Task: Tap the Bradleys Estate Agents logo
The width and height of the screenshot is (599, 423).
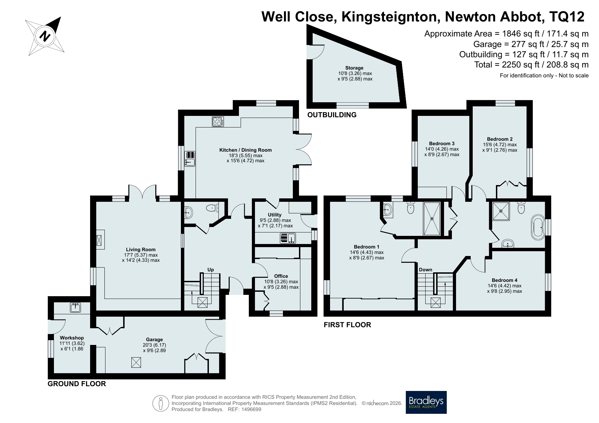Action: [x=426, y=402]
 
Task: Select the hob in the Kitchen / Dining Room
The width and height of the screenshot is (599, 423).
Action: [x=218, y=122]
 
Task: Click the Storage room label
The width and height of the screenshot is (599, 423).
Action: [x=354, y=68]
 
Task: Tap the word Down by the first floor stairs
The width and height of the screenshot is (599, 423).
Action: [x=426, y=270]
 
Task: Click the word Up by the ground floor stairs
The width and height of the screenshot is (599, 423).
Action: [x=211, y=270]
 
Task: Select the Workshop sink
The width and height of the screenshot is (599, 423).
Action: [x=75, y=308]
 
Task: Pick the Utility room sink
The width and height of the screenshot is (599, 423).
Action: [x=288, y=238]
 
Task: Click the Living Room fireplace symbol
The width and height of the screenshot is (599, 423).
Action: [x=100, y=240]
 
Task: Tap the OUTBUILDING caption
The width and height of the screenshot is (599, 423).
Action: [x=332, y=115]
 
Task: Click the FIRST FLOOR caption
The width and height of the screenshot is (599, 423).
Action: [x=347, y=325]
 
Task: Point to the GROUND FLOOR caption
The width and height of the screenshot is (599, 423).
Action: [x=77, y=384]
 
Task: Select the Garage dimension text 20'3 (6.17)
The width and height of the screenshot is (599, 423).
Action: [x=154, y=345]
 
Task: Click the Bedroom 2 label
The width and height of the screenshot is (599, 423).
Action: [x=500, y=139]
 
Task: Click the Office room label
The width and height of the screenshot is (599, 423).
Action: [x=281, y=276]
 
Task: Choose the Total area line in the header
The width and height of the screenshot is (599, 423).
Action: [x=531, y=65]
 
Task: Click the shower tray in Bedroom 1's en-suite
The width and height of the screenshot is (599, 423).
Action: [x=432, y=218]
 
